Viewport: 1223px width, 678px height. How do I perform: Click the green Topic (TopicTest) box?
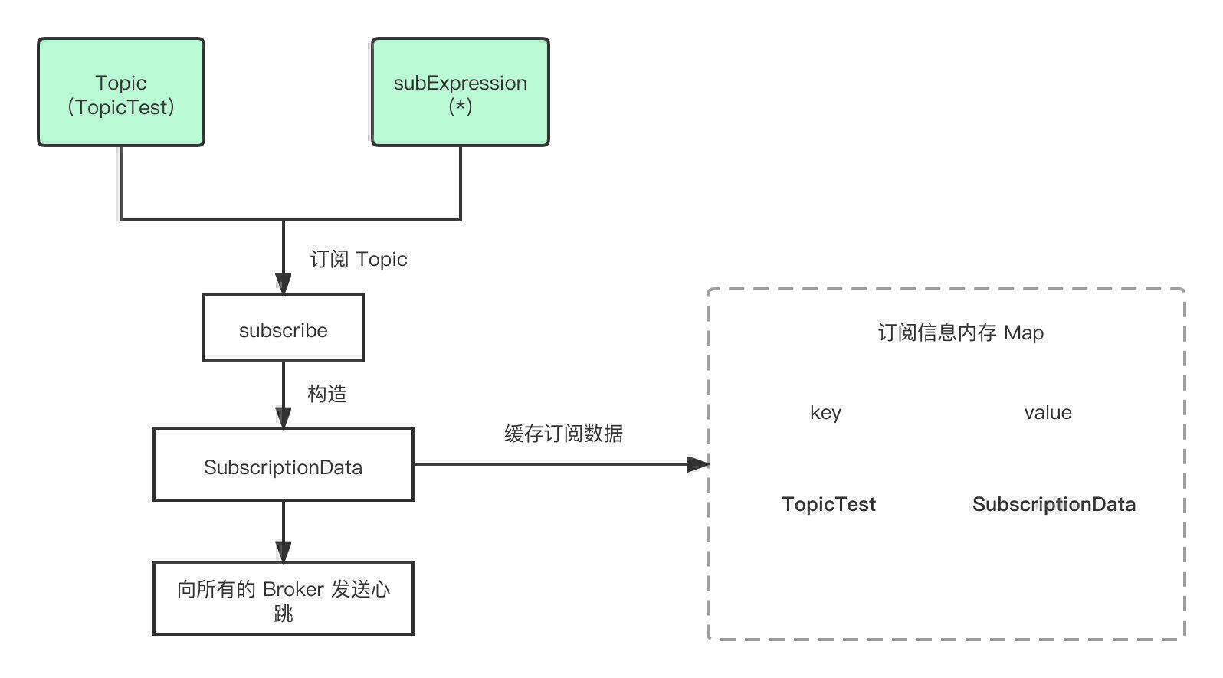(x=120, y=92)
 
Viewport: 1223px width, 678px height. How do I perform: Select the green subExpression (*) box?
(x=460, y=92)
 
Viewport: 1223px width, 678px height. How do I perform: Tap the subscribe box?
(x=283, y=327)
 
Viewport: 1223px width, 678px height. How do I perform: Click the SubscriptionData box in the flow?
(x=283, y=464)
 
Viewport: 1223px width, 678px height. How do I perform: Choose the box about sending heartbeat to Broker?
(x=283, y=598)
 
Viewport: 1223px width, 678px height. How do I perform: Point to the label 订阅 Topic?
(x=358, y=259)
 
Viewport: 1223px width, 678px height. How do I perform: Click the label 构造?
(x=327, y=394)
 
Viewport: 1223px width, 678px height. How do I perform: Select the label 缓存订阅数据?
(x=563, y=434)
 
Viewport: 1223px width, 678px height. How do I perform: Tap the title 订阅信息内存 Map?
(x=960, y=332)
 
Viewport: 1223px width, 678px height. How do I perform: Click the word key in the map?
(x=825, y=413)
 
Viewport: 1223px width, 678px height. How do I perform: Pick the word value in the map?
(x=1048, y=413)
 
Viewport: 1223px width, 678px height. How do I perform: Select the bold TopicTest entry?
(x=829, y=504)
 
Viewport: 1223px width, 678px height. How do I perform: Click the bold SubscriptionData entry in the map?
(x=1054, y=504)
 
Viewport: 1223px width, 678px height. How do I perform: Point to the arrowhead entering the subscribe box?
(x=283, y=284)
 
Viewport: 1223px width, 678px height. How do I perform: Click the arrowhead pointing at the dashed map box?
(x=698, y=464)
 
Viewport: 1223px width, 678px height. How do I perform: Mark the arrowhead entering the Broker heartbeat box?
(x=283, y=552)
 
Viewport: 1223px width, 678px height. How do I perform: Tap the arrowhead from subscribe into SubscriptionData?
(x=283, y=418)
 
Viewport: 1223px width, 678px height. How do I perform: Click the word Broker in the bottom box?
(x=293, y=590)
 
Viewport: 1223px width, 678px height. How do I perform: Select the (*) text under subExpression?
(x=461, y=106)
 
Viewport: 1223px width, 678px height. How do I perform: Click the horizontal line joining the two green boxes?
(x=290, y=220)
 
